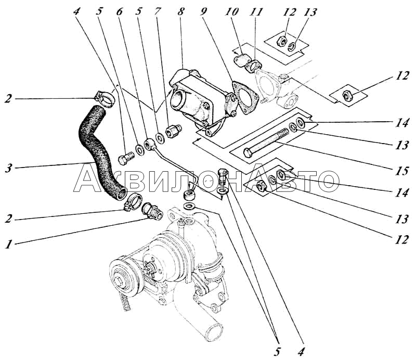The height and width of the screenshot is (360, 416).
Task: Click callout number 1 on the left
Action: (x=9, y=244)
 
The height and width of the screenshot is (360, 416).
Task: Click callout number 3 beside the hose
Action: (x=9, y=168)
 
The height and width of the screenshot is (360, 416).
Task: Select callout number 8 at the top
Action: (x=181, y=12)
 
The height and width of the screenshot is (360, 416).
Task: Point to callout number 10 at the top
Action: (x=233, y=12)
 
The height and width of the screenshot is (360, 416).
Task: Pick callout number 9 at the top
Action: (x=204, y=12)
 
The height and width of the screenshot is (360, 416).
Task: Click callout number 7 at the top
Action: (x=158, y=12)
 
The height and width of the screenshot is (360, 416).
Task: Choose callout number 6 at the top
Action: (x=120, y=12)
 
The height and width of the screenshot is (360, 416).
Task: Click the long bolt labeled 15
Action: (x=266, y=143)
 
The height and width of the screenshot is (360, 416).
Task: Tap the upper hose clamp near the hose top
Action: (x=106, y=99)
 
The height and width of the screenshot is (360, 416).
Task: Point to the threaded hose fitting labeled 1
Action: (x=152, y=211)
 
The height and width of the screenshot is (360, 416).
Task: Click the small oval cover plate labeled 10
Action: (x=240, y=60)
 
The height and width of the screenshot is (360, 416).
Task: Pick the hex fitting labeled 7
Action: (x=173, y=130)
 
